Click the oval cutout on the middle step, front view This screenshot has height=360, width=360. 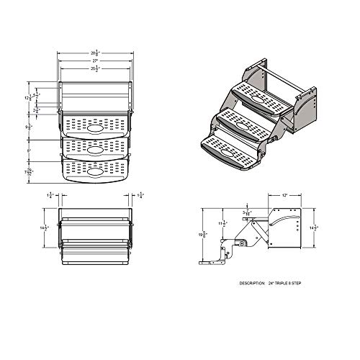pyautogui.click(x=96, y=151)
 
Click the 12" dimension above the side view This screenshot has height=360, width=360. pyautogui.click(x=287, y=194)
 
